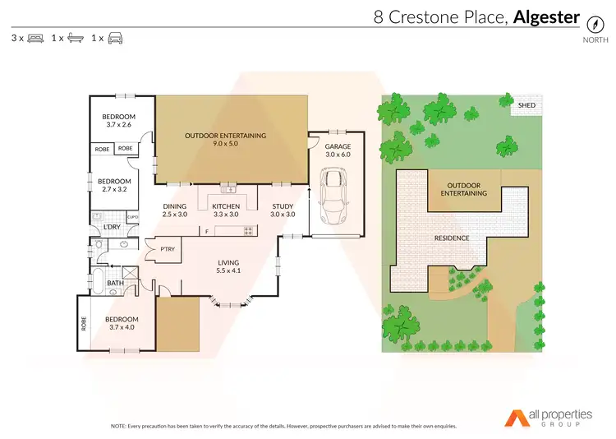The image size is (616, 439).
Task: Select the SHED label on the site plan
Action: [x=526, y=106]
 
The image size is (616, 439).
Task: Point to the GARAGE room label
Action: [x=338, y=146]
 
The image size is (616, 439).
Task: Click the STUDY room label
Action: [x=283, y=206]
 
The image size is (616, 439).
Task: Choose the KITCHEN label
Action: [x=226, y=206]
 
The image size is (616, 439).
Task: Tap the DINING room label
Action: [x=175, y=206]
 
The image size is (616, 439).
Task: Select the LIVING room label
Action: [x=228, y=262]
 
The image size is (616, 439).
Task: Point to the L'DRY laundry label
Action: [x=113, y=226]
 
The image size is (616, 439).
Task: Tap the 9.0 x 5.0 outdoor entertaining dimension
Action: [x=226, y=144]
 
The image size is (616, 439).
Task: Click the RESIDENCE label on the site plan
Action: [x=452, y=238]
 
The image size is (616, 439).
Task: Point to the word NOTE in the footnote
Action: [x=119, y=427]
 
